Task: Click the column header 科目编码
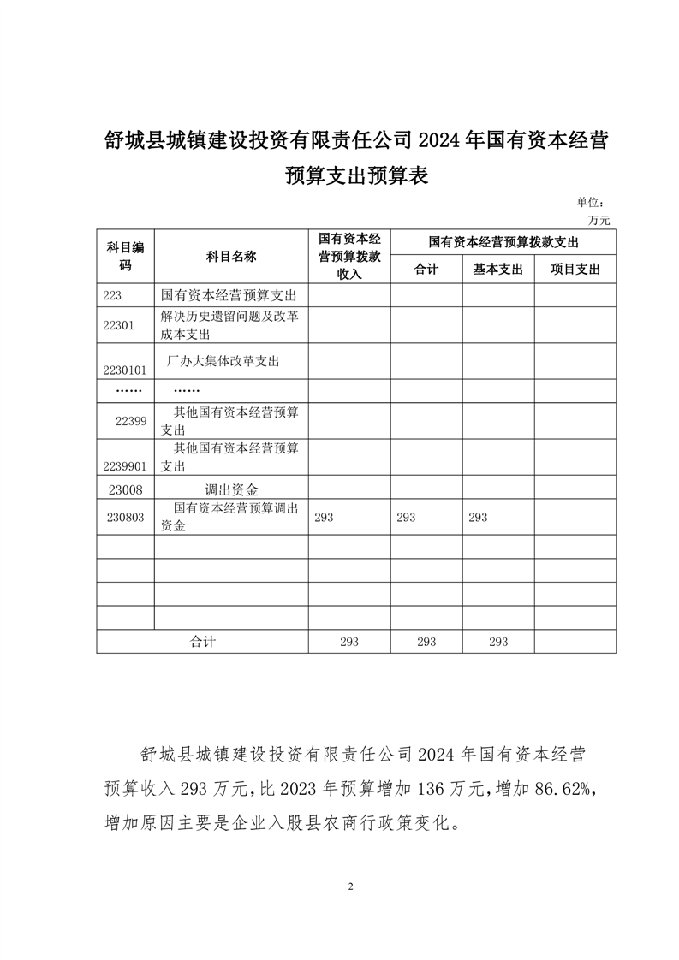125,256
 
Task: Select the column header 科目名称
231,257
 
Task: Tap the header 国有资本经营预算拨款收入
349,257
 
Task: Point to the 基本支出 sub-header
498,270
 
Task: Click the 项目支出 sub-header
575,270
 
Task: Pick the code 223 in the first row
113,295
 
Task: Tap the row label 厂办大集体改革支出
227,360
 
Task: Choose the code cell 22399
132,420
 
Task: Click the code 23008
126,489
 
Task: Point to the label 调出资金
231,489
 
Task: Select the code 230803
128,517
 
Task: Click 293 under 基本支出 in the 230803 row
478,517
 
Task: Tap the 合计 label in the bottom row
202,642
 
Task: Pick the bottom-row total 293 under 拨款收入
348,642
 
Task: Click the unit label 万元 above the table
599,220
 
